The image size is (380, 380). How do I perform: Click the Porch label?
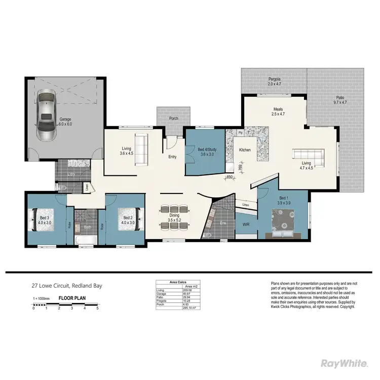coord(173,119)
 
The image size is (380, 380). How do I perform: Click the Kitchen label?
coord(245,150)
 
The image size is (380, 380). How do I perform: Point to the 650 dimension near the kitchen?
coord(230,177)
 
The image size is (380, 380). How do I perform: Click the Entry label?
coord(172,157)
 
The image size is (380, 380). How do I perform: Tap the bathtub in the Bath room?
coord(83,240)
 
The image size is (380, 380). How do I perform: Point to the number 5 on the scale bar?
coord(97,308)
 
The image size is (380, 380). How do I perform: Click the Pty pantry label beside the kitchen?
coord(240,133)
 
